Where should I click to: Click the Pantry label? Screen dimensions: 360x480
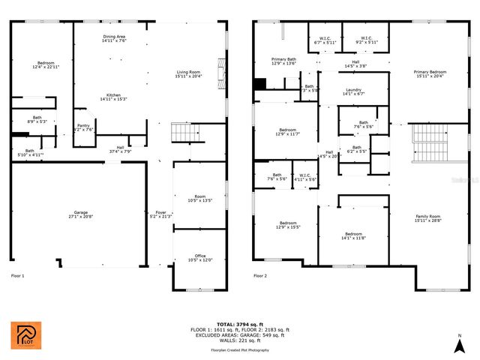pos(84,127)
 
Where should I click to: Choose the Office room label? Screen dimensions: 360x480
pos(199,257)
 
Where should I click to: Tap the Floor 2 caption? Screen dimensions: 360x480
pos(260,276)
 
